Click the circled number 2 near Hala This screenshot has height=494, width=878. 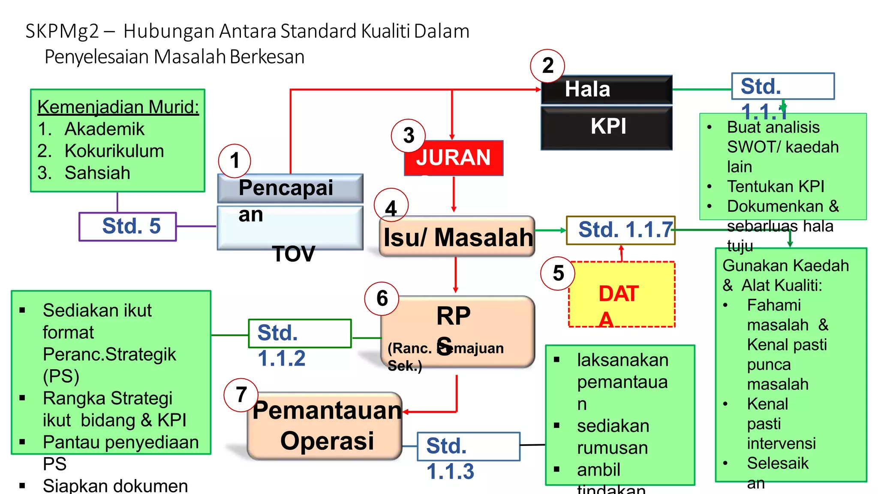click(x=547, y=66)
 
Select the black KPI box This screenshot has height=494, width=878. click(x=607, y=127)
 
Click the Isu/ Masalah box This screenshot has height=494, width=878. click(x=457, y=237)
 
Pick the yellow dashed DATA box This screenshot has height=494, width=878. click(x=622, y=295)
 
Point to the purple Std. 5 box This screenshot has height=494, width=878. click(x=128, y=226)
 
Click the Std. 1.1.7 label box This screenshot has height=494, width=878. click(x=620, y=230)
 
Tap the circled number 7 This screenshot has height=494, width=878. click(x=241, y=395)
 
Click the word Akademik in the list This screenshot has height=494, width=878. click(x=104, y=129)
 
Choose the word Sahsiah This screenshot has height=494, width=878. click(x=97, y=173)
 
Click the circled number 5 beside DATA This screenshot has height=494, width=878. click(x=558, y=273)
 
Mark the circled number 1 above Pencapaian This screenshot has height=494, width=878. click(x=235, y=161)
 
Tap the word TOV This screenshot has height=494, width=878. click(x=293, y=254)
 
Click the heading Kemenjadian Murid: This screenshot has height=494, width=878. click(x=118, y=107)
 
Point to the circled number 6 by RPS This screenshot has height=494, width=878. click(x=382, y=298)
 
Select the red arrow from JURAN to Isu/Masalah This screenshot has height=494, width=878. click(x=454, y=195)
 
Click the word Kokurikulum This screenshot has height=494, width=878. click(x=114, y=151)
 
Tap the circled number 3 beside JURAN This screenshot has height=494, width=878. click(x=409, y=136)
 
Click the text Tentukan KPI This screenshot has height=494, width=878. click(x=775, y=187)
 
